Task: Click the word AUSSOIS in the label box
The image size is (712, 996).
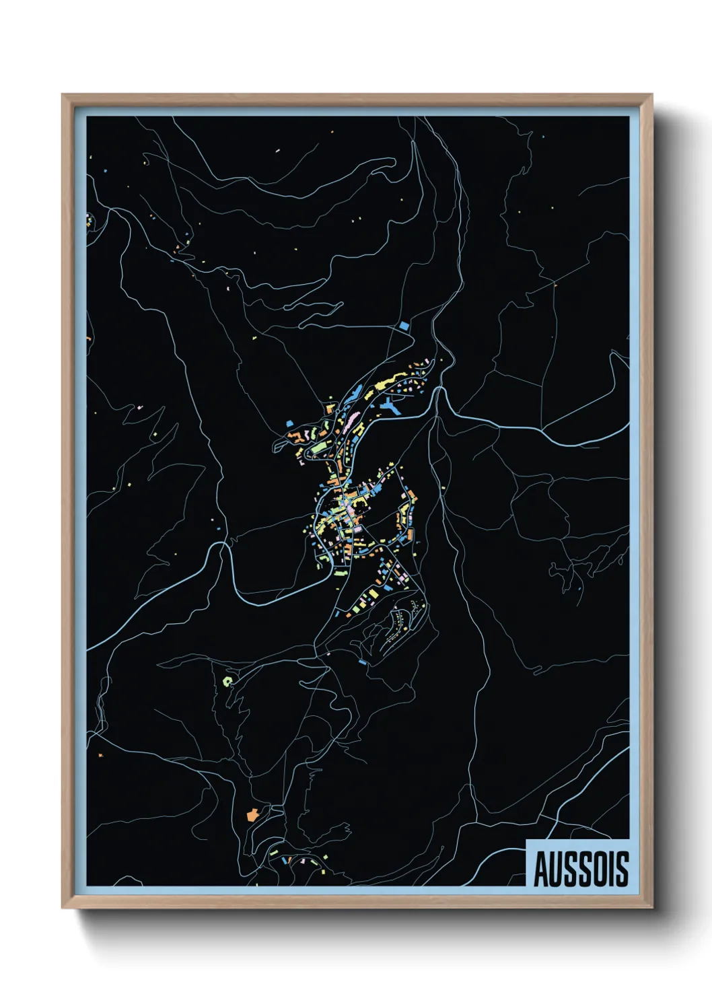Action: tap(581, 869)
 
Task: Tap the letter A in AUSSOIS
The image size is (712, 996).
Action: tap(541, 869)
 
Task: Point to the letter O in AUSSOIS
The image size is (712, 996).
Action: tap(602, 869)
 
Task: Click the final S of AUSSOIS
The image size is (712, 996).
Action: tap(622, 869)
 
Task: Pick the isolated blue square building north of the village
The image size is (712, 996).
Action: tap(404, 325)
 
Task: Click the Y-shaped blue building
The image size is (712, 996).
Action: tap(390, 405)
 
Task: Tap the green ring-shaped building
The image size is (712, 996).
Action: tap(227, 680)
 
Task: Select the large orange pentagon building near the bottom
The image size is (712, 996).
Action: tap(252, 815)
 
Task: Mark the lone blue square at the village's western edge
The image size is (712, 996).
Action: tap(289, 424)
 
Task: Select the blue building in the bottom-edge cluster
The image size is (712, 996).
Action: tap(285, 860)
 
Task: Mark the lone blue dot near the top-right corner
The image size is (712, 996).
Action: tap(543, 137)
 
